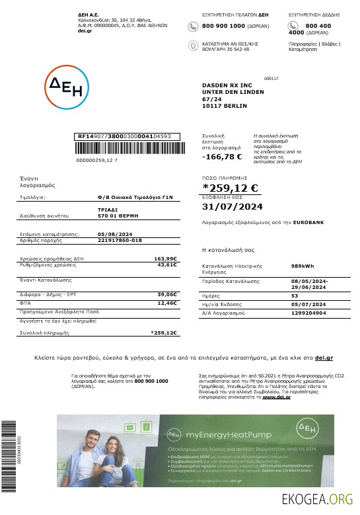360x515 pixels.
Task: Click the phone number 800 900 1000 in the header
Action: (223, 26)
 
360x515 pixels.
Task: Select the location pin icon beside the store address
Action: (193, 45)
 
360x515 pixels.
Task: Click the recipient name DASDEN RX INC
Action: (227, 85)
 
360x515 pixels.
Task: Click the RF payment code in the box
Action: (124, 136)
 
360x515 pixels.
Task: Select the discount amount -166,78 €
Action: (222, 157)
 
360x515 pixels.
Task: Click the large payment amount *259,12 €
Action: (230, 189)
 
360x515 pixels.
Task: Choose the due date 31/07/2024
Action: (232, 207)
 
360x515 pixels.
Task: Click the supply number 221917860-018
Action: (120, 240)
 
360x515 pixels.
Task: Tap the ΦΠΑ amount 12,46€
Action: (167, 303)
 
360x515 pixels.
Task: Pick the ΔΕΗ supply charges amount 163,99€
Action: (166, 258)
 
